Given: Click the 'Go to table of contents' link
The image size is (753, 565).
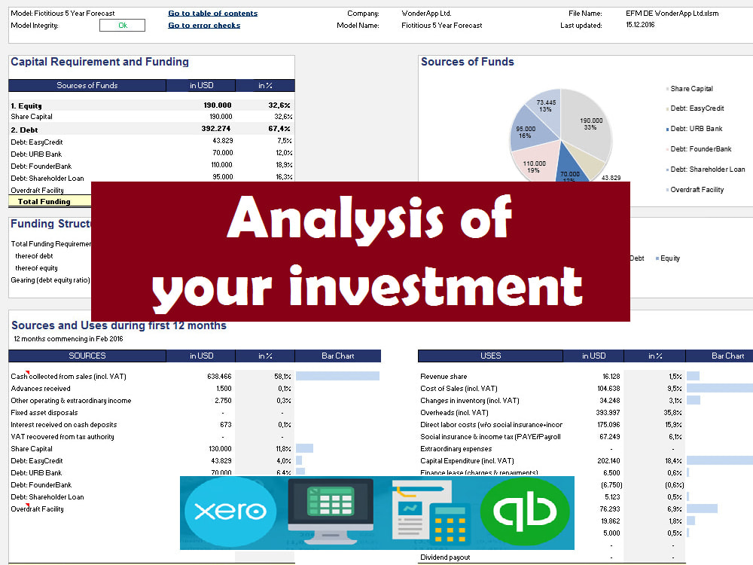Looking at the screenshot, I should coord(212,14).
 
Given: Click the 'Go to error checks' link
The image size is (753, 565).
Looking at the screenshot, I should coord(204,26).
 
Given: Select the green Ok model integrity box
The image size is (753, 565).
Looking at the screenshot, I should coord(122,26).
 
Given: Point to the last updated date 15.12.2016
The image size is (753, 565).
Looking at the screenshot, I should coord(641,26).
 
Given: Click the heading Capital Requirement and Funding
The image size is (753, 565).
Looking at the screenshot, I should coord(99,63).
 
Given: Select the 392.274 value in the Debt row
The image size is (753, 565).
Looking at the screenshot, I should coord(217,129).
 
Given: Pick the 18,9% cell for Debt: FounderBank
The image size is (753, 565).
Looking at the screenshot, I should coord(279,165).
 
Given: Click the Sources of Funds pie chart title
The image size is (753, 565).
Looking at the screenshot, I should coord(467,63).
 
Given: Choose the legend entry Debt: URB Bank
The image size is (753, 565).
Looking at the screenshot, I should coord(697,129).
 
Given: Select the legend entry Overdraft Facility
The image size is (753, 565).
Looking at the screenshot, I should coord(697,190).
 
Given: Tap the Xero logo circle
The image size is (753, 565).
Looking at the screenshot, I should coord(230,512).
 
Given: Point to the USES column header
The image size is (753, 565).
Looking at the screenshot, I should coord(490,356).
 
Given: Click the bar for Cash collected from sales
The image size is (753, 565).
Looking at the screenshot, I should coord(337,376).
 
